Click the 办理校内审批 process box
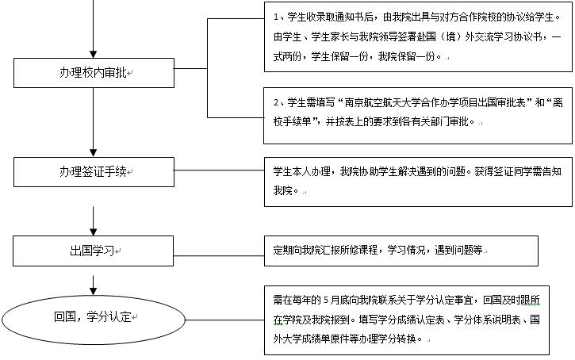coord(94,73)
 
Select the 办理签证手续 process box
coord(94,170)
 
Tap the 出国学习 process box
coord(94,250)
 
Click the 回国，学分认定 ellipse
coord(94,316)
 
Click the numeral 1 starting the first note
coord(275,16)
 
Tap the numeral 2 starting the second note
coord(275,102)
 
